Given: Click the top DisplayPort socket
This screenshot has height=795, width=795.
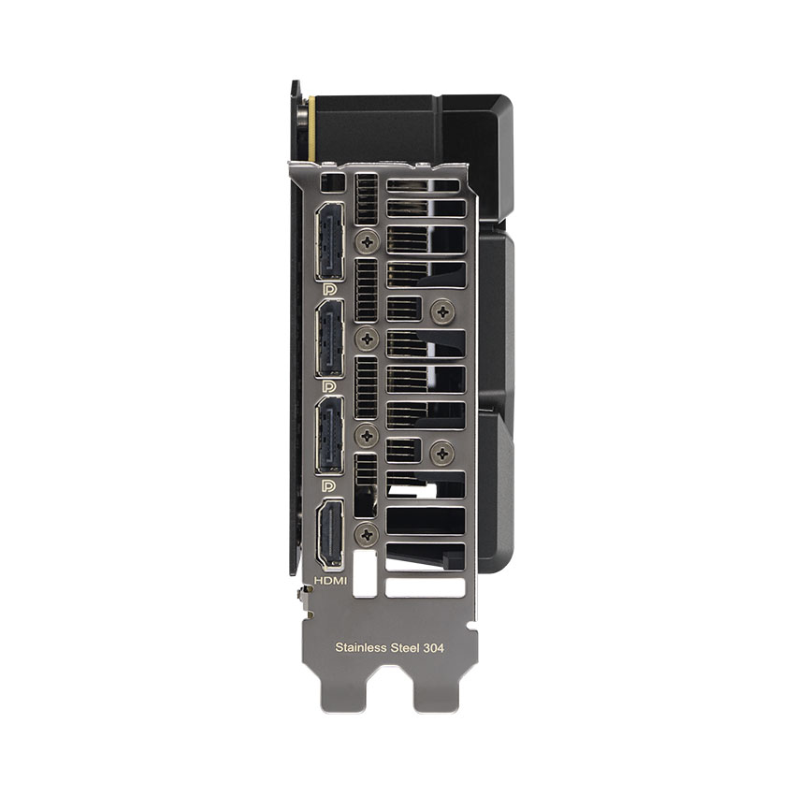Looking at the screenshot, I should point(328,240).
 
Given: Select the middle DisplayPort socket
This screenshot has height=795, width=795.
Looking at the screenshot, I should point(328,340).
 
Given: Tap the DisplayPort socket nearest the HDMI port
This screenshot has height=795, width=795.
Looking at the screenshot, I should point(328,435).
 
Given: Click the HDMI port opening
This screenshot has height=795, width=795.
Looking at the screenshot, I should point(329,534).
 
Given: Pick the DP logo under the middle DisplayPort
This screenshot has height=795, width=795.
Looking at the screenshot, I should point(329,386).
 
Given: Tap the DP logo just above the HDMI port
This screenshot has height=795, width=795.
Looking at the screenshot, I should point(329,486).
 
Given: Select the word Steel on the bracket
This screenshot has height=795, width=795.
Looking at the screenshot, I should point(406,646).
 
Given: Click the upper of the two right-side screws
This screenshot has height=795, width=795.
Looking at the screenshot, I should point(440,311).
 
